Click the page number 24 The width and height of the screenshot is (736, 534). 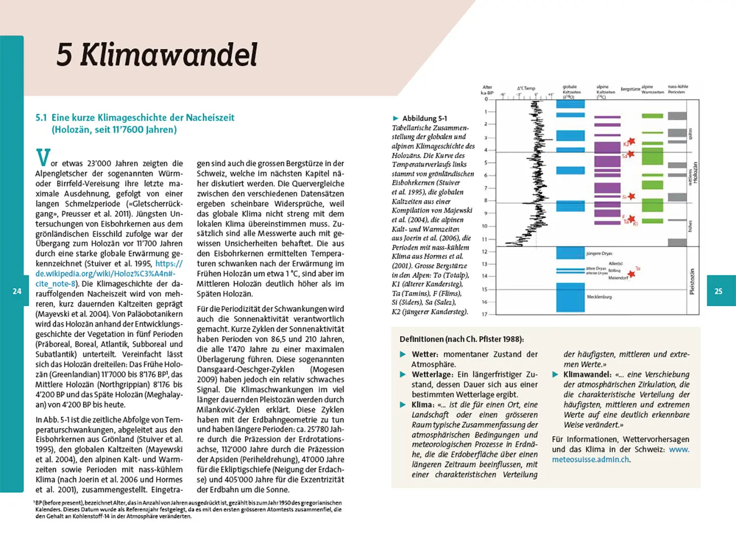point(17,291)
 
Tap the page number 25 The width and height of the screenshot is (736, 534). point(718,291)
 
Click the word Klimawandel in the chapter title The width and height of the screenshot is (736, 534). point(168,54)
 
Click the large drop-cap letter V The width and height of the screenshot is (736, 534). point(43,157)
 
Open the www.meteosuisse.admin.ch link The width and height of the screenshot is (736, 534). point(620,454)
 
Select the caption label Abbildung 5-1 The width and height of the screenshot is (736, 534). point(424,118)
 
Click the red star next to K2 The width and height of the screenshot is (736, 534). point(631,142)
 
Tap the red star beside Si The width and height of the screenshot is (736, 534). point(631,196)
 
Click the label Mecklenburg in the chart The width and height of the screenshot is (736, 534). point(599,297)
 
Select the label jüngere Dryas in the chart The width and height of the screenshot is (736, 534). point(599,253)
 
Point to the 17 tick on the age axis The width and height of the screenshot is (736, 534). point(485,314)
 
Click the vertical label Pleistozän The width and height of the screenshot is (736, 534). point(692,282)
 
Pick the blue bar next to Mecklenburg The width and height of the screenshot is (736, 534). point(570,297)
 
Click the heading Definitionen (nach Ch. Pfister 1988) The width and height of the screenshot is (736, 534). point(461,339)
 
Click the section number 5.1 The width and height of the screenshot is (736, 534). point(41,118)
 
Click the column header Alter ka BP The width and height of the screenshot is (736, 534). point(487,89)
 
